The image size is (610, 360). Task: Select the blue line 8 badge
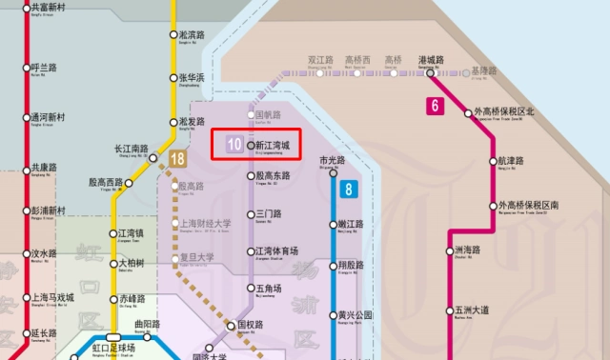350,189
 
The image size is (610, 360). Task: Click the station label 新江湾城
274,146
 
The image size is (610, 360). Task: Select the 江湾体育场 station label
277,250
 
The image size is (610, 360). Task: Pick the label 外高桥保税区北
518,111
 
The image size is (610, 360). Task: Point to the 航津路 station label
511,160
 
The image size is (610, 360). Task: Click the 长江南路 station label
131,149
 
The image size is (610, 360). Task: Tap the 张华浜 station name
193,77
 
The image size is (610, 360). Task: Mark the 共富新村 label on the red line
49,7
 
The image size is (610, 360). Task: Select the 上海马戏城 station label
52,296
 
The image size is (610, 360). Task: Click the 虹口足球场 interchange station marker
113,337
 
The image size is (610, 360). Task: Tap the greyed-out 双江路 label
320,59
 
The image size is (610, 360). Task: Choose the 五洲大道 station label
472,310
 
